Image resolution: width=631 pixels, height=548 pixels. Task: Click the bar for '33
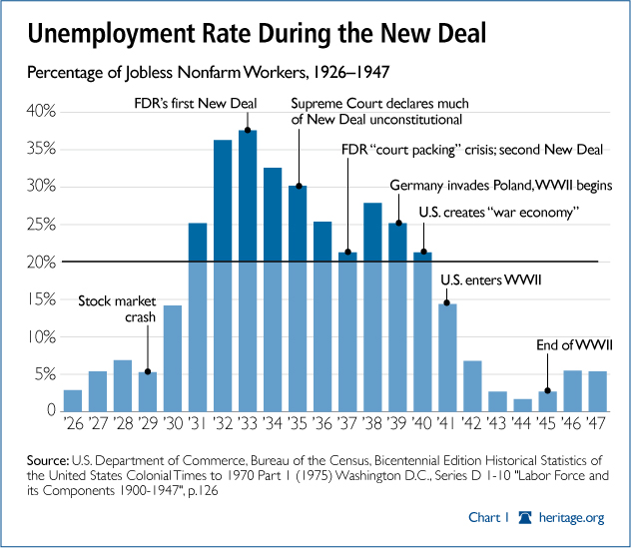tap(248, 270)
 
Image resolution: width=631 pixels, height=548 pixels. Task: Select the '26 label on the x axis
tap(72, 423)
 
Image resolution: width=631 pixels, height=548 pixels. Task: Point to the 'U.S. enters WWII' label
tap(491, 281)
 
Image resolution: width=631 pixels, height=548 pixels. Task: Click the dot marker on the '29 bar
tap(148, 372)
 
